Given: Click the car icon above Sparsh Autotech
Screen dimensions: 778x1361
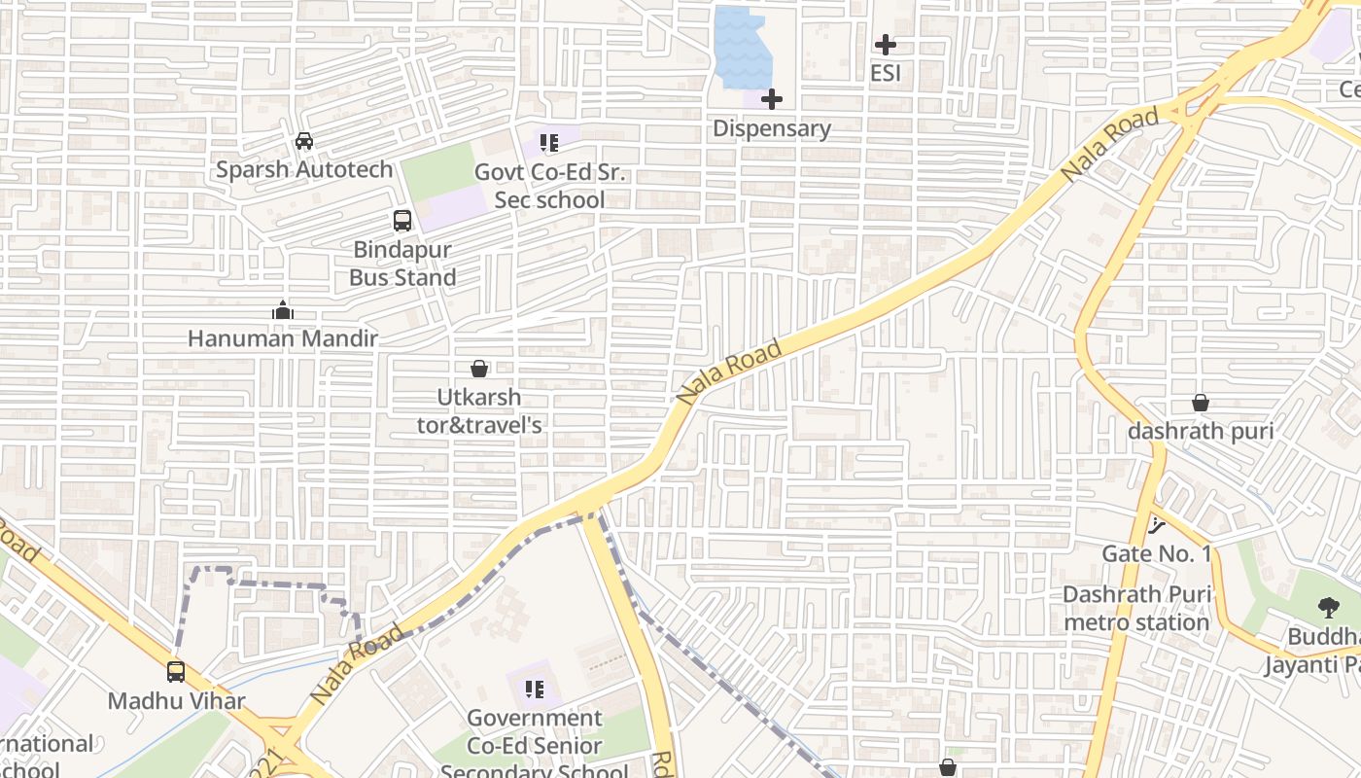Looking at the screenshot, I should point(304,141).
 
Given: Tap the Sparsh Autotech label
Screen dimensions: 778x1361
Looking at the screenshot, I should point(304,169).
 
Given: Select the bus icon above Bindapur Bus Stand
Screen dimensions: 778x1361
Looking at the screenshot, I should point(402,221).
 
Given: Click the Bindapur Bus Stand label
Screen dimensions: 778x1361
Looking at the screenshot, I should point(402,264).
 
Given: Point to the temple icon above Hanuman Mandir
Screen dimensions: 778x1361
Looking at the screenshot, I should point(283,310).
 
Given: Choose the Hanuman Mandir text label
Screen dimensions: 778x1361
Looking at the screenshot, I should point(283,338).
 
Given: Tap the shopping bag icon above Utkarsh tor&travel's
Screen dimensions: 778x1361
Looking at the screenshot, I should point(479,369).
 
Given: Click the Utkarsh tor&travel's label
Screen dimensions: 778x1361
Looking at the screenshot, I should point(479,411).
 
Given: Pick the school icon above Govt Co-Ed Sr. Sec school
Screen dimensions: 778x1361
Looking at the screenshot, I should point(549,143).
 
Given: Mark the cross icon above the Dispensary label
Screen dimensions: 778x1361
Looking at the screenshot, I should point(772,99).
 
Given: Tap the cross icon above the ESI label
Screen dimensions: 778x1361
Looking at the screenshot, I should point(886,44).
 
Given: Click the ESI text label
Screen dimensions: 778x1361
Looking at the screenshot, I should point(886,73).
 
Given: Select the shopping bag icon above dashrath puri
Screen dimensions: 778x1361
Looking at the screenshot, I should point(1201,403).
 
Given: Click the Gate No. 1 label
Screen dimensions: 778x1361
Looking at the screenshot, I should point(1157,553).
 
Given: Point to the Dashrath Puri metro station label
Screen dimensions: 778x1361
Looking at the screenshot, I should point(1136,608).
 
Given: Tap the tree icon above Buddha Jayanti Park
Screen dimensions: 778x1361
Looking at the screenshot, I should point(1328,609).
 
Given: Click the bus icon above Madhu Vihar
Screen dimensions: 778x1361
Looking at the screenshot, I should point(176,671).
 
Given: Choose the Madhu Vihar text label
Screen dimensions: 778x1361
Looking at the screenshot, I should point(176,700).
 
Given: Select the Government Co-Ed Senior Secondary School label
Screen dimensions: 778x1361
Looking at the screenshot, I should point(535,745).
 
